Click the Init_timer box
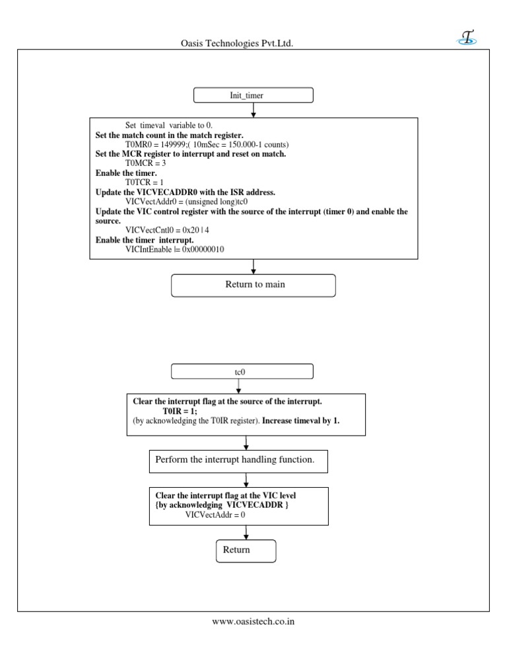pyautogui.click(x=253, y=96)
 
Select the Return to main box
pyautogui.click(x=253, y=286)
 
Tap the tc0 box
pyautogui.click(x=238, y=372)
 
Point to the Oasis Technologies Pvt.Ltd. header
pyautogui.click(x=237, y=44)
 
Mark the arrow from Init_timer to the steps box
pyautogui.click(x=253, y=110)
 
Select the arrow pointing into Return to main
pyautogui.click(x=253, y=267)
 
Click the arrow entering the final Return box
pyautogui.click(x=246, y=531)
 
